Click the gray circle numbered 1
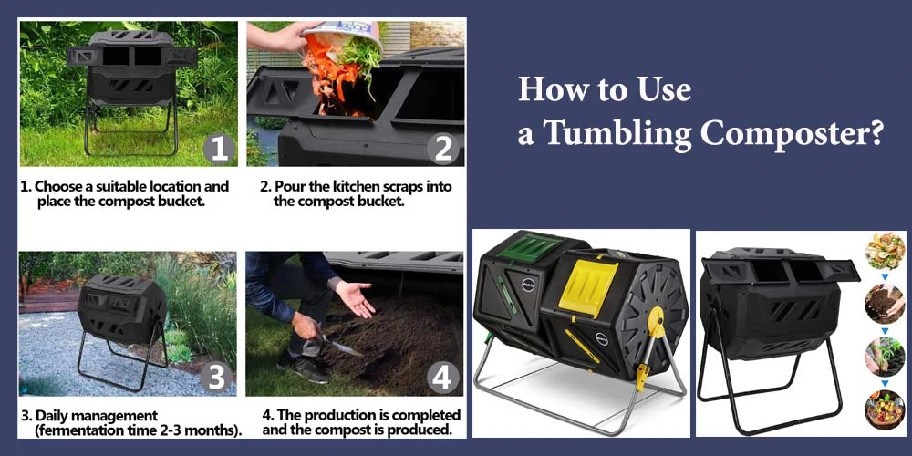pos(218,147)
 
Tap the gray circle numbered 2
pos(443,147)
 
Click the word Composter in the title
pos(790,134)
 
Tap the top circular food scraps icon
pos(884,251)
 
